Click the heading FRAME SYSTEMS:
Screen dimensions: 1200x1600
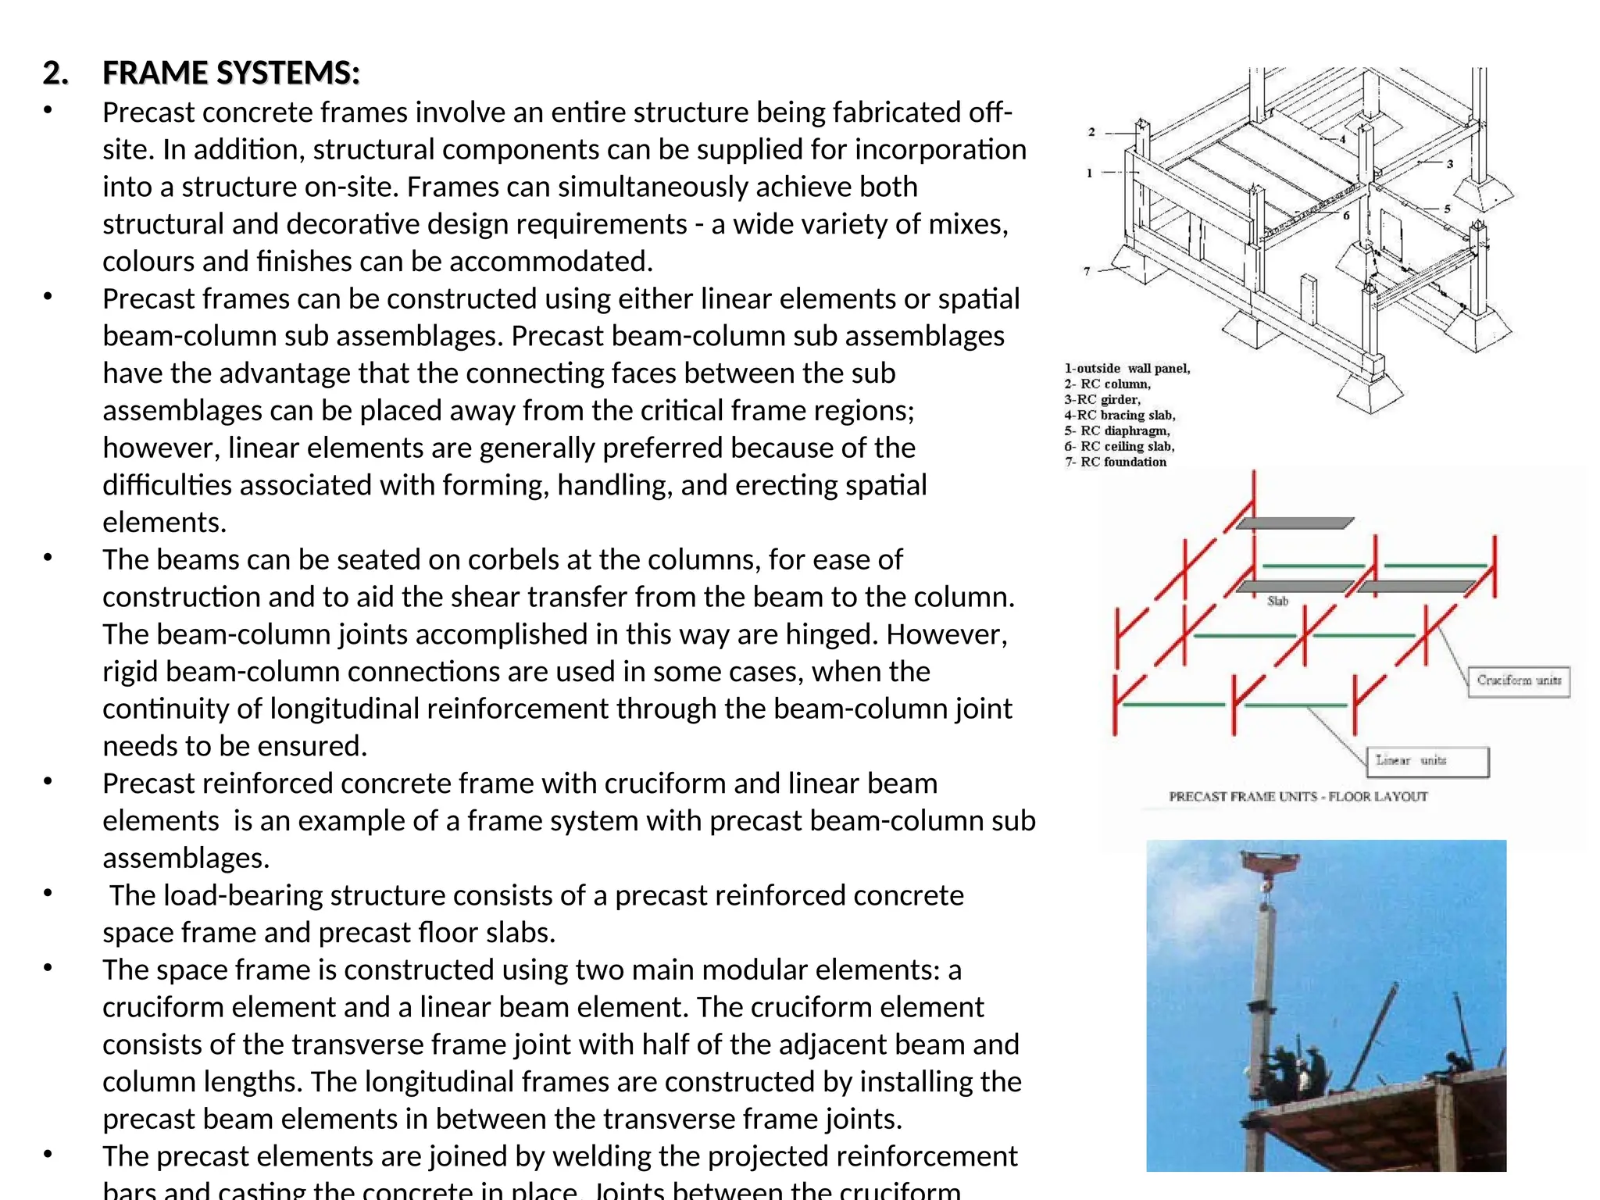(x=231, y=73)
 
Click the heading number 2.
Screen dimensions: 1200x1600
(x=55, y=73)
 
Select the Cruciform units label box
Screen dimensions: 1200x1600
(x=1518, y=680)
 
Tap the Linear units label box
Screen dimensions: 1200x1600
(x=1427, y=761)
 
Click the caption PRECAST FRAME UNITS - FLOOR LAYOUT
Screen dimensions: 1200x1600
(x=1298, y=797)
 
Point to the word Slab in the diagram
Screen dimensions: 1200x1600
(x=1277, y=601)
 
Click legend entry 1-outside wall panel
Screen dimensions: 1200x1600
(x=1127, y=369)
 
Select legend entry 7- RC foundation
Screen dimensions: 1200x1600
(x=1115, y=462)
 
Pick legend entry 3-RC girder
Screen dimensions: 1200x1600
(x=1102, y=399)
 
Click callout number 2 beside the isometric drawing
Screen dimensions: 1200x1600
(x=1091, y=132)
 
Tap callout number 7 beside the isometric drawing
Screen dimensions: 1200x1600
(x=1087, y=271)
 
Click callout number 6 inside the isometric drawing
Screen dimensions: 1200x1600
(x=1346, y=216)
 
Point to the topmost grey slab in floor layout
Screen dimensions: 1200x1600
(x=1294, y=523)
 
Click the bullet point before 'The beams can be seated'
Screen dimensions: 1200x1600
(x=48, y=558)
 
